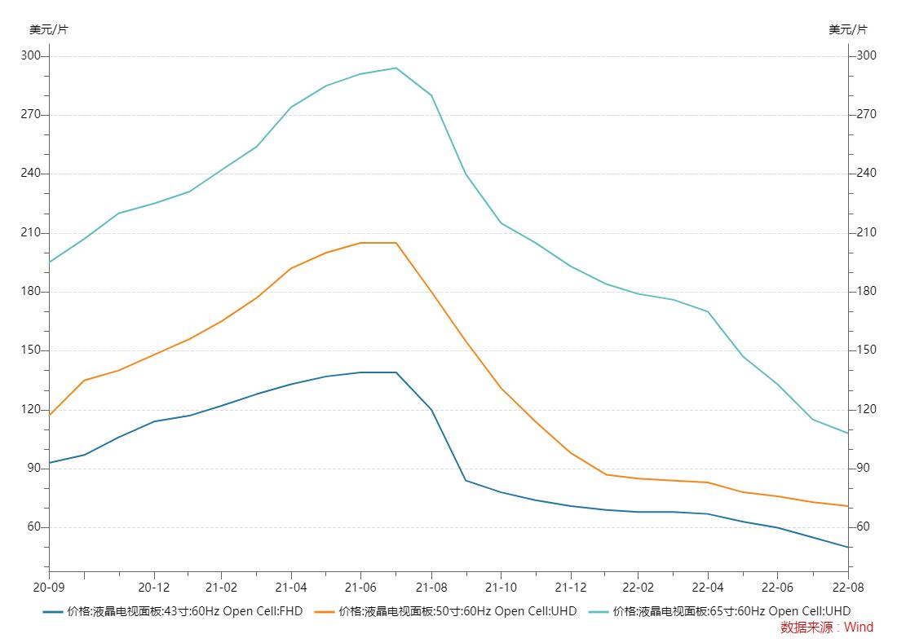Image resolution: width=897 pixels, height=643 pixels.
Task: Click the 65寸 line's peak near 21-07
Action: click(396, 68)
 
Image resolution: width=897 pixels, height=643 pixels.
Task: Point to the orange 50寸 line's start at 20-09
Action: click(50, 415)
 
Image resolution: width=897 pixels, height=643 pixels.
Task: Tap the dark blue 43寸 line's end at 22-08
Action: click(848, 547)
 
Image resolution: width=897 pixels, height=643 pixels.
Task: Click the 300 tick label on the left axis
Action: click(30, 56)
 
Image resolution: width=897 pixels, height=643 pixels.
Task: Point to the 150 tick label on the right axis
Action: click(866, 350)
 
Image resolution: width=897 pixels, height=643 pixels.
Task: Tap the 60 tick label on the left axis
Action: click(33, 527)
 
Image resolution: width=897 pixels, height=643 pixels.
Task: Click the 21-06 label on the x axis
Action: click(360, 587)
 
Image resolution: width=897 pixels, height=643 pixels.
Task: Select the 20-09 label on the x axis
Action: click(48, 587)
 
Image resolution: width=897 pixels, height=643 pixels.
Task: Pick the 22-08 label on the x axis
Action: click(847, 587)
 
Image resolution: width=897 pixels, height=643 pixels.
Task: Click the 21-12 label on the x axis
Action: click(570, 587)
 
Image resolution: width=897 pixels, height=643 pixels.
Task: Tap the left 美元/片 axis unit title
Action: click(49, 29)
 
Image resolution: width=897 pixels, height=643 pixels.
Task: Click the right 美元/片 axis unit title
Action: click(848, 29)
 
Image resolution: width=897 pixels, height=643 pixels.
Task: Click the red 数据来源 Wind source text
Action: click(826, 628)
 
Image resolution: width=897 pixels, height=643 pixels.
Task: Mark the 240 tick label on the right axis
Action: click(866, 174)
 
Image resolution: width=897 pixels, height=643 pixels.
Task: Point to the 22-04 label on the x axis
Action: click(707, 587)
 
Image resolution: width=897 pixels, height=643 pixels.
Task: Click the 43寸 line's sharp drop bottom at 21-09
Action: click(466, 480)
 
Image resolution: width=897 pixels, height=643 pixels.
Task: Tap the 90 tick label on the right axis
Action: click(863, 469)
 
